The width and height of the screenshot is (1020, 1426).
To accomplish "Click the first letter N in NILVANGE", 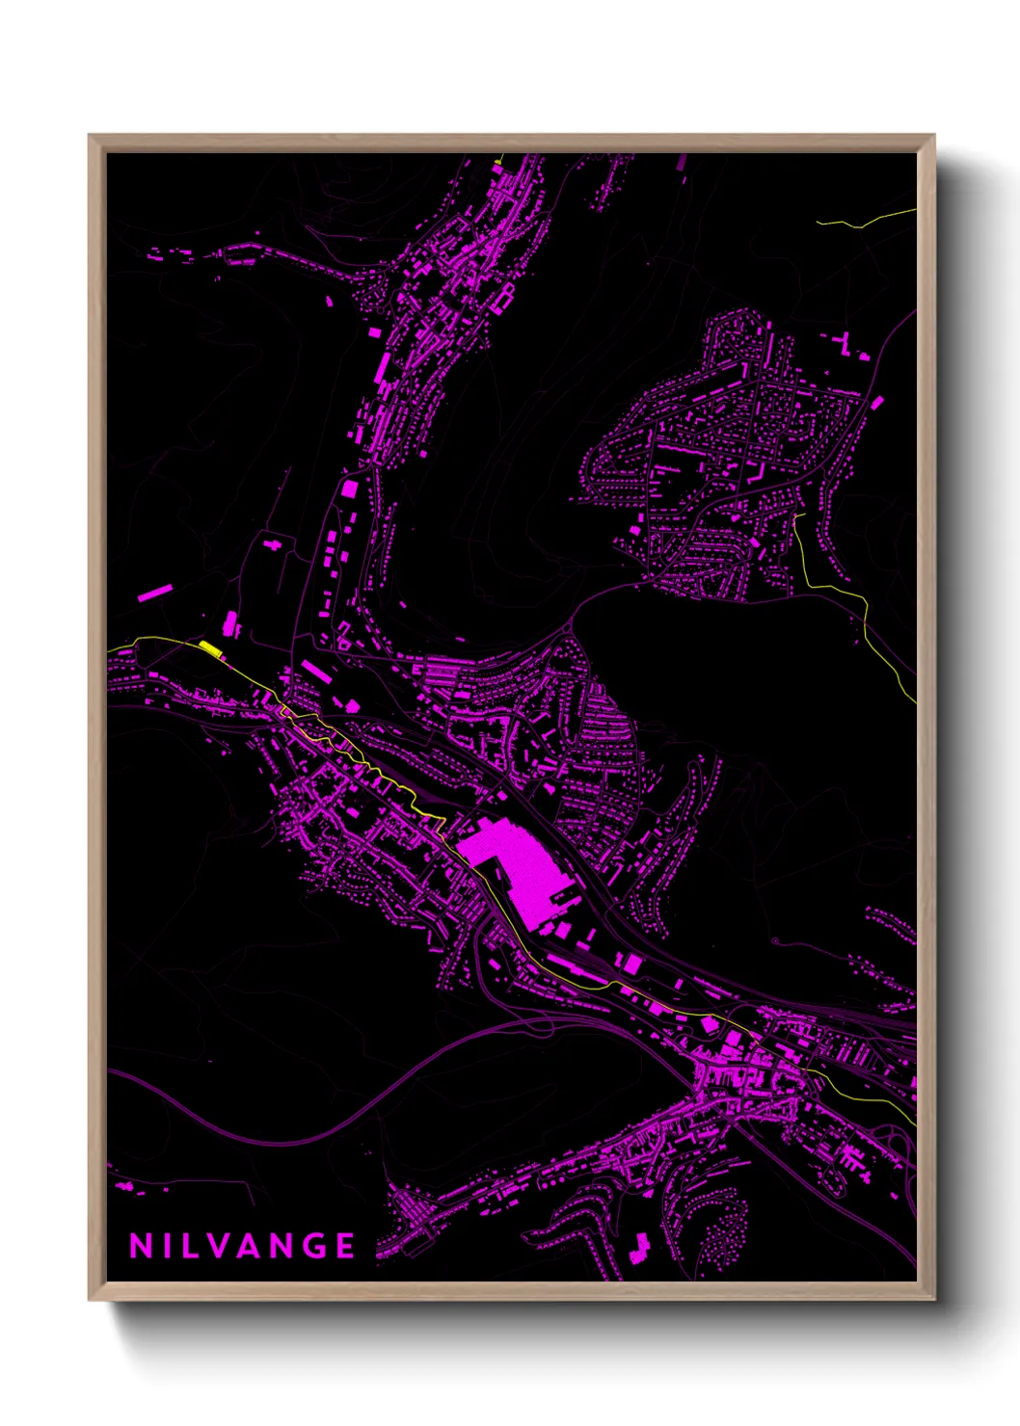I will click(x=140, y=1246).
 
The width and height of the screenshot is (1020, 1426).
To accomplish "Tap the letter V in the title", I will click(x=218, y=1246).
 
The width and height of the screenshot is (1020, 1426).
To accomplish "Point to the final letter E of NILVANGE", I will click(x=345, y=1246).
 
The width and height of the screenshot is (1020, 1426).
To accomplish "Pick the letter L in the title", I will click(x=191, y=1246).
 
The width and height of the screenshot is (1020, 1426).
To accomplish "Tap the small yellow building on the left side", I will click(x=210, y=647).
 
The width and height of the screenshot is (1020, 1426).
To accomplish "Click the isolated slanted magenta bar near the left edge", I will click(x=154, y=592).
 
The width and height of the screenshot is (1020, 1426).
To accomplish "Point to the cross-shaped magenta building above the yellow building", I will click(x=274, y=545).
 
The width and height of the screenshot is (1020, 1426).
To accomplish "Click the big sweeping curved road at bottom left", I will click(x=289, y=1137).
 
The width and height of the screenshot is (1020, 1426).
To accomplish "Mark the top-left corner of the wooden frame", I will click(x=90, y=136).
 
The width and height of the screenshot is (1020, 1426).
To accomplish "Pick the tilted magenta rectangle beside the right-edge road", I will click(x=877, y=402).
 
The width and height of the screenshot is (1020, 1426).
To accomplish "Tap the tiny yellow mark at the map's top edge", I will click(x=497, y=161).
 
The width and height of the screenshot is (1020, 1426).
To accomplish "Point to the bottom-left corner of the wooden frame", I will click(x=90, y=1300).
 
